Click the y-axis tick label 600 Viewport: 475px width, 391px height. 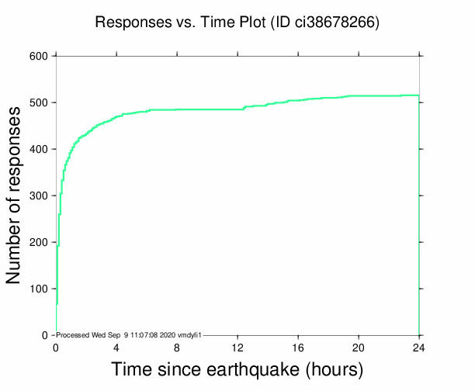click(x=39, y=56)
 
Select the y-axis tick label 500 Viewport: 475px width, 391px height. click(x=39, y=102)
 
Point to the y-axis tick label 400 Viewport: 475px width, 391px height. click(x=39, y=149)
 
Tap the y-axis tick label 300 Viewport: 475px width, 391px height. click(x=39, y=195)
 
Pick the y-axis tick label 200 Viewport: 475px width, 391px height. click(x=39, y=242)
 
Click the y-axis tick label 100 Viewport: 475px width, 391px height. click(x=39, y=289)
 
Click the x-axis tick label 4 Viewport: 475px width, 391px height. click(x=116, y=347)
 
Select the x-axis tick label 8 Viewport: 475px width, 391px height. click(x=177, y=347)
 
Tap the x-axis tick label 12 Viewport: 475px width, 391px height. click(x=237, y=347)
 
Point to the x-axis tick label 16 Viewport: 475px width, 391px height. click(x=298, y=347)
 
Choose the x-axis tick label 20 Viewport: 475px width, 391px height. click(x=359, y=347)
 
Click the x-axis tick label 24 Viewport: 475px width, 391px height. click(x=419, y=347)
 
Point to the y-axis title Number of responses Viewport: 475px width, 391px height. click(x=15, y=195)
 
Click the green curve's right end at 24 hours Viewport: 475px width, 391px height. click(x=419, y=95)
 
